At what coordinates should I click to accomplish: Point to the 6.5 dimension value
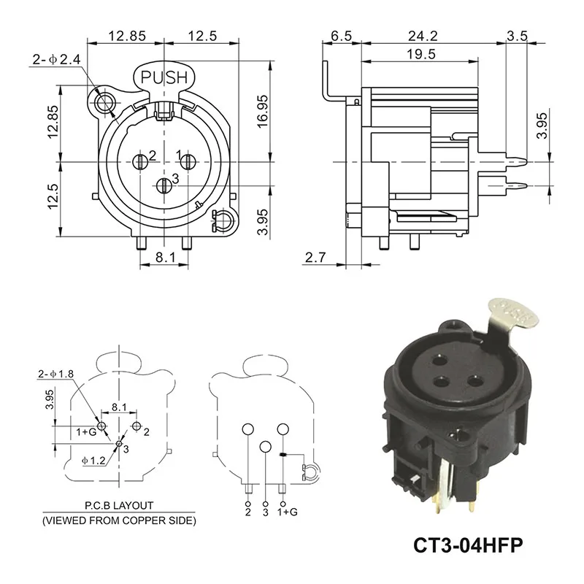341,35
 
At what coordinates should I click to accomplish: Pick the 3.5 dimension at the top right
518,35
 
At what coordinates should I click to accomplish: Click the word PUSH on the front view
164,77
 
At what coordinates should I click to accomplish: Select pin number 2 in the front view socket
153,155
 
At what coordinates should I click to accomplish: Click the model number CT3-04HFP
469,545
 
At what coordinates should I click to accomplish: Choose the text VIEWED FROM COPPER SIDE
118,520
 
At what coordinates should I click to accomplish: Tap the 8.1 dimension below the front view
165,257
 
